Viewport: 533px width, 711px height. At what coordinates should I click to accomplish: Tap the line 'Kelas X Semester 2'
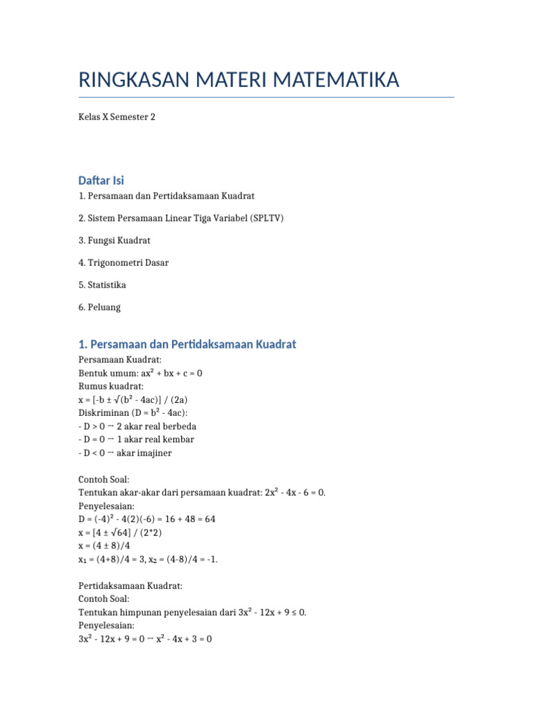117,117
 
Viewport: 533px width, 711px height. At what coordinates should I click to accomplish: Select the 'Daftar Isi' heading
101,181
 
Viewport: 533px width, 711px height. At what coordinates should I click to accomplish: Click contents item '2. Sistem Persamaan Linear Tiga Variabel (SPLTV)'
181,218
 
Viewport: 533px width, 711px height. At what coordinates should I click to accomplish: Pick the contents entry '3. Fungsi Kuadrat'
115,240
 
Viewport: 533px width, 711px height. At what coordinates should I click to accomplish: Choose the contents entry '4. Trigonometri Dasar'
124,262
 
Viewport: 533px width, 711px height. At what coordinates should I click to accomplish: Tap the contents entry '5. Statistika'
103,285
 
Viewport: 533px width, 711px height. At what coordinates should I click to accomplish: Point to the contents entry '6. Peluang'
100,307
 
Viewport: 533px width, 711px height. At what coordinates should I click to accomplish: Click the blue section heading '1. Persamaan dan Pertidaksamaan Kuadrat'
187,344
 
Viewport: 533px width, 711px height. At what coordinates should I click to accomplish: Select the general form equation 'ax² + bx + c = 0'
170,373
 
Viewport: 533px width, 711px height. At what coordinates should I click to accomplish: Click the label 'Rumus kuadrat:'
111,386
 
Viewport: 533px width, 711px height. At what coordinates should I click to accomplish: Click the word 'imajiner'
153,453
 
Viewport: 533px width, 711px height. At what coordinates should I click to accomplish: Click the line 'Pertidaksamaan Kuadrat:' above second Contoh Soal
130,585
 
